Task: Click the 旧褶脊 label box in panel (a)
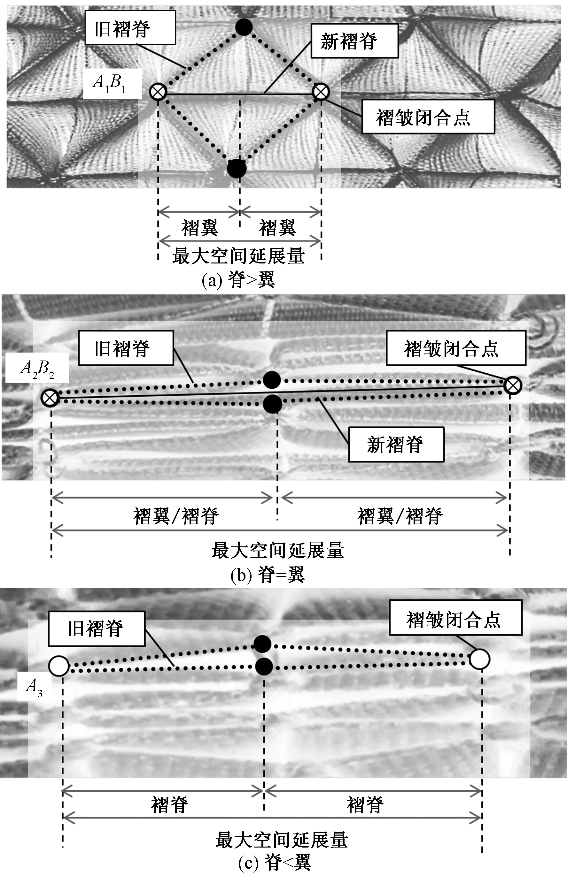tap(130, 27)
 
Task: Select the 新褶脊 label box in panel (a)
tap(354, 41)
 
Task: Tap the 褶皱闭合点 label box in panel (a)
tap(428, 117)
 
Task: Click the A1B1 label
tap(112, 83)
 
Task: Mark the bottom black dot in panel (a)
tap(236, 169)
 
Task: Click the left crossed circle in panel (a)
tap(158, 92)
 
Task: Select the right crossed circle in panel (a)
tap(321, 92)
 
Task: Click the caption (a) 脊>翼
tap(238, 280)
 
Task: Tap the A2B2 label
tap(37, 368)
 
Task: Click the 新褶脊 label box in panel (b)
tap(396, 444)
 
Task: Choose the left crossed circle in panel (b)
tap(50, 398)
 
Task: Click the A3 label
tap(34, 687)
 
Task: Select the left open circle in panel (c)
tap(59, 666)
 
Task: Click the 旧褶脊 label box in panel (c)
tap(97, 629)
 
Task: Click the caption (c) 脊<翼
tap(274, 862)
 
